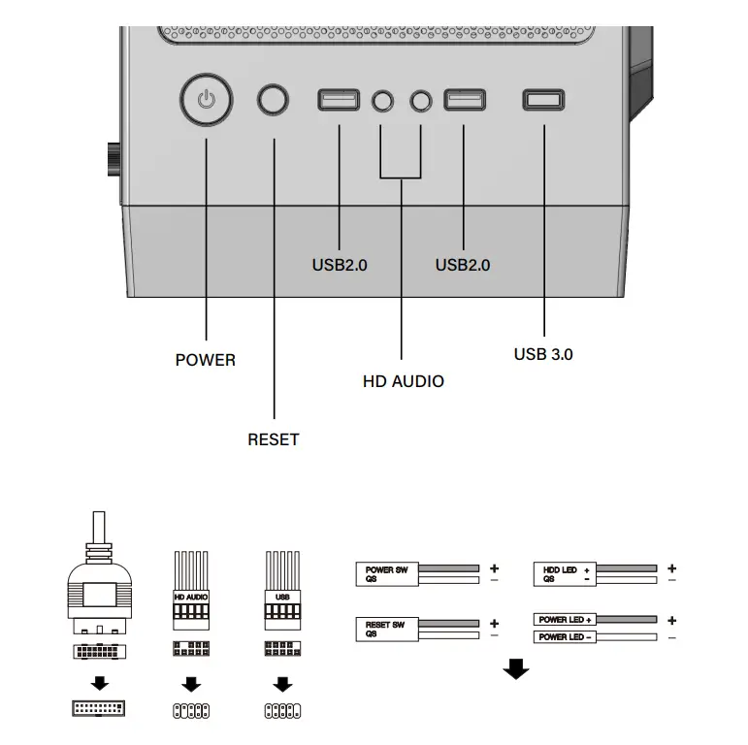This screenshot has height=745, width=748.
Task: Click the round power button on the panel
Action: click(x=206, y=100)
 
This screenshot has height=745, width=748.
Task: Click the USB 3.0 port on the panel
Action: click(x=542, y=100)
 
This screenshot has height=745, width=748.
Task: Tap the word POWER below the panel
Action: click(x=205, y=360)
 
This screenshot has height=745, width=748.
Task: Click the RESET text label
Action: click(x=273, y=439)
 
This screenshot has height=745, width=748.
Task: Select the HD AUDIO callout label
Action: click(x=403, y=381)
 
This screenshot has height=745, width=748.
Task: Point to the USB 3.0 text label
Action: click(x=542, y=354)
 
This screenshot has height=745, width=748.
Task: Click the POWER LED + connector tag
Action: click(x=566, y=619)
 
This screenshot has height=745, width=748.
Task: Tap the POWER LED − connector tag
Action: click(x=566, y=637)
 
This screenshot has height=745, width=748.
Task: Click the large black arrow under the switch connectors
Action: click(x=516, y=669)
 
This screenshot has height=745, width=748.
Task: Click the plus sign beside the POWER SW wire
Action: click(x=494, y=567)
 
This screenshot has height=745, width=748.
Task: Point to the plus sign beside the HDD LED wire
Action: click(x=671, y=567)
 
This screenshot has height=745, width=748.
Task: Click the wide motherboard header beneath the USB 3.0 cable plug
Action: click(x=99, y=709)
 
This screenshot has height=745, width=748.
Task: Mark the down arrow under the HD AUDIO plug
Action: click(x=191, y=684)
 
